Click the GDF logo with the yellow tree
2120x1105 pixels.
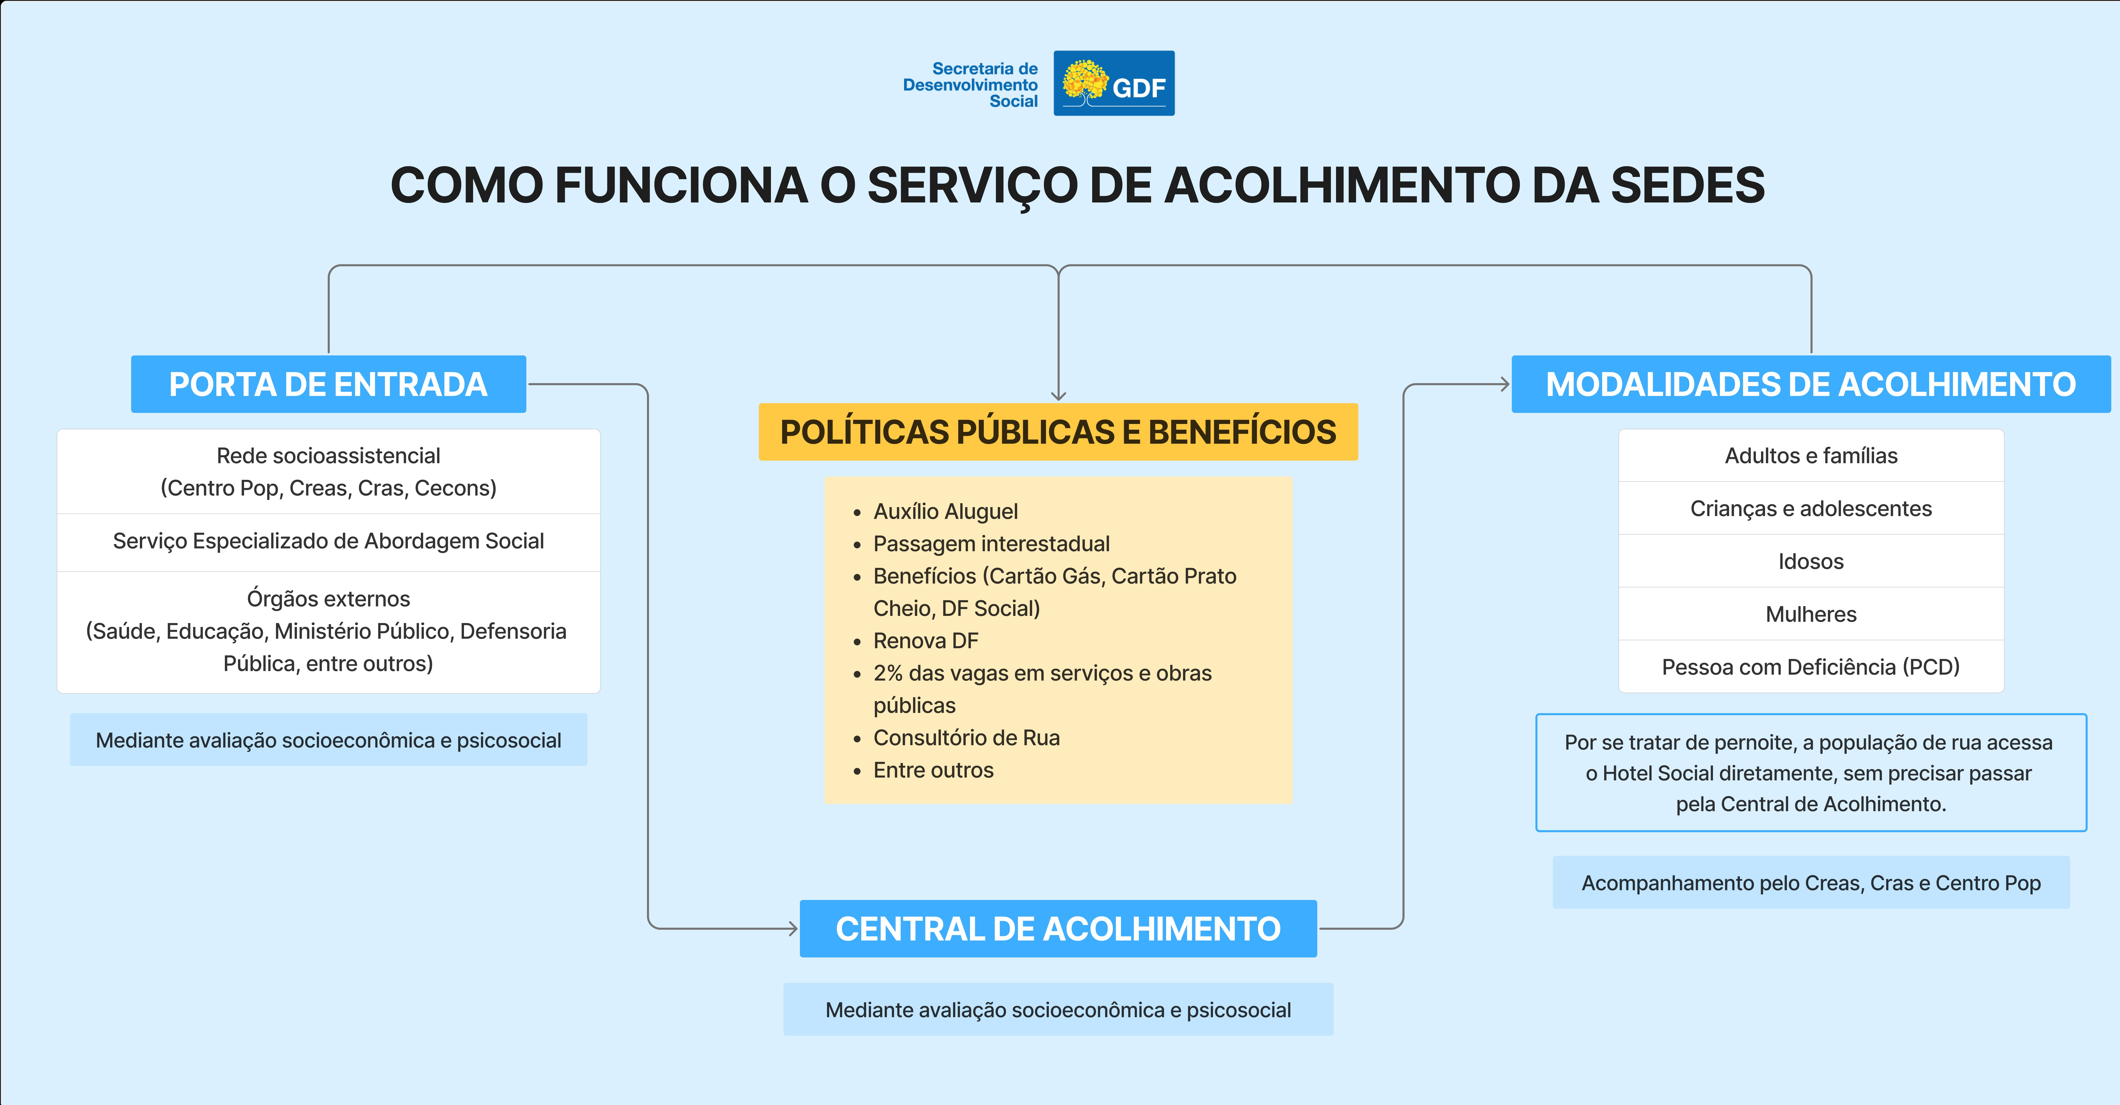[1114, 83]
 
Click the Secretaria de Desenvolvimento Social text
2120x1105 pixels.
[971, 85]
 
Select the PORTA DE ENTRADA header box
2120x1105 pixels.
[328, 384]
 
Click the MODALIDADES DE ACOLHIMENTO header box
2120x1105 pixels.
[1811, 384]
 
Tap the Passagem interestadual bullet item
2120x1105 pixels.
[991, 544]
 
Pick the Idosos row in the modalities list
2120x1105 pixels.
[1811, 561]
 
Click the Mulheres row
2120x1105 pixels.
[1811, 614]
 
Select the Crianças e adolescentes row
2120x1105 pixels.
[1811, 508]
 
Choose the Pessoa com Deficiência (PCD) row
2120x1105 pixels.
[1811, 666]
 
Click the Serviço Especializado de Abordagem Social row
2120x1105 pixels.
[328, 541]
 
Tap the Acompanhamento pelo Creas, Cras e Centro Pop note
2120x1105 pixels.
[1811, 883]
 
